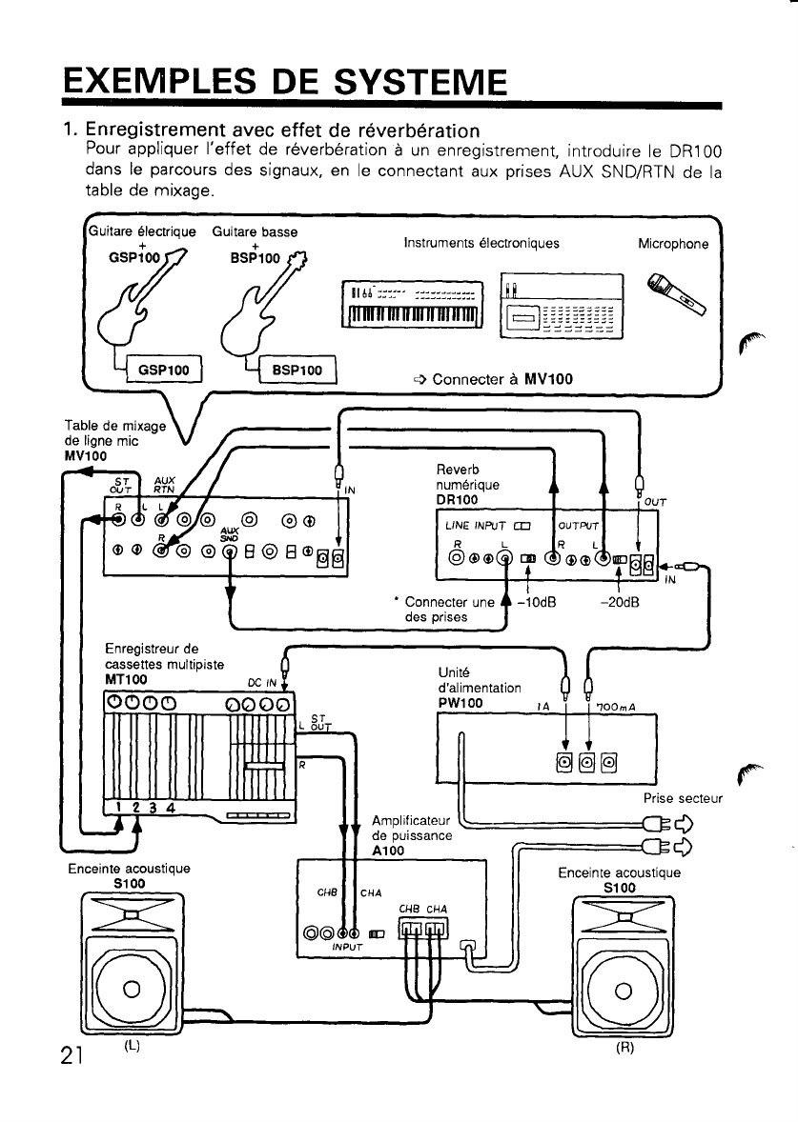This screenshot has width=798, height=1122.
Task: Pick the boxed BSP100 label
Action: [x=295, y=369]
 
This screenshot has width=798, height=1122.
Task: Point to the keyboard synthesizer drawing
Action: [x=412, y=303]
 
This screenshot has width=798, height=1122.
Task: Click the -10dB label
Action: [x=539, y=601]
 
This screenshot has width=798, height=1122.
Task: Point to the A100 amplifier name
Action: [x=389, y=850]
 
